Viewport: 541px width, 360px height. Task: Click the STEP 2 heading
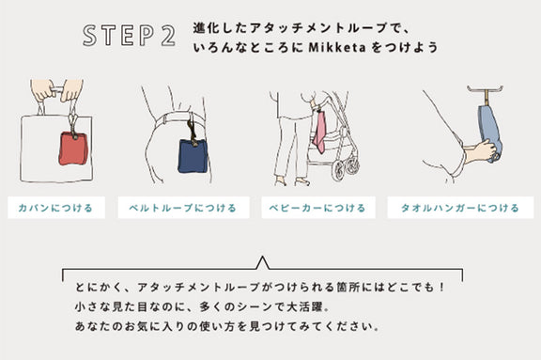pyautogui.click(x=129, y=35)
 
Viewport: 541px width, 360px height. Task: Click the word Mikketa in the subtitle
pyautogui.click(x=337, y=48)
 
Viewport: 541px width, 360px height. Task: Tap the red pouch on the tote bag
pyautogui.click(x=73, y=148)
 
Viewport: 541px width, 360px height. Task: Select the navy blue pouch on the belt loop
pyautogui.click(x=193, y=156)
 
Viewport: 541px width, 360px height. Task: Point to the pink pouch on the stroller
pyautogui.click(x=319, y=132)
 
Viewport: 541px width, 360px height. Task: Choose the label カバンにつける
pyautogui.click(x=55, y=208)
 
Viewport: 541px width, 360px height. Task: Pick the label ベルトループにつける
pyautogui.click(x=183, y=208)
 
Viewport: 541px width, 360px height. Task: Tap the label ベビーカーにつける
pyautogui.click(x=317, y=208)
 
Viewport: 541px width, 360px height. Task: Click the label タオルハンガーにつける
pyautogui.click(x=460, y=208)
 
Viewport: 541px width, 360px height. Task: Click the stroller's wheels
pyautogui.click(x=346, y=168)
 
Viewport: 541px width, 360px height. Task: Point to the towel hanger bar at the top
pyautogui.click(x=485, y=89)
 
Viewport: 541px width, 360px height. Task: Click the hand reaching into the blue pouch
pyautogui.click(x=480, y=152)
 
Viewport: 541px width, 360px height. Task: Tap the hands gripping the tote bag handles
pyautogui.click(x=57, y=90)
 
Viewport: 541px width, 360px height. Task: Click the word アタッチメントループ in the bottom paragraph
pyautogui.click(x=198, y=288)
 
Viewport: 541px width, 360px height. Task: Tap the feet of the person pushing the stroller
pyautogui.click(x=292, y=180)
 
